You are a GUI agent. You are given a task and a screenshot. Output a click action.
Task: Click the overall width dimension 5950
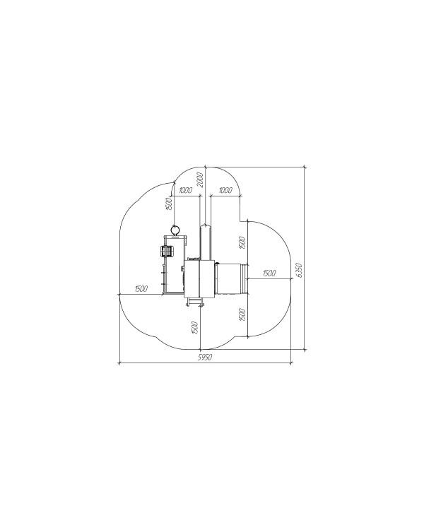pyautogui.click(x=205, y=358)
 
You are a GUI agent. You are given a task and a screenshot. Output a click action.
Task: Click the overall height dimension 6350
pyautogui.click(x=299, y=270)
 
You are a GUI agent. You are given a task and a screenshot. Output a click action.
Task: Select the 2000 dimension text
pyautogui.click(x=200, y=179)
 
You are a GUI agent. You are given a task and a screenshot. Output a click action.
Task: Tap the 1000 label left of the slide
pyautogui.click(x=186, y=190)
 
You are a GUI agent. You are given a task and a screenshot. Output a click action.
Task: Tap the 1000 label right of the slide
pyautogui.click(x=225, y=190)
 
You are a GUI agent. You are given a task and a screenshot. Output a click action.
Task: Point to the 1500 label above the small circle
pyautogui.click(x=170, y=204)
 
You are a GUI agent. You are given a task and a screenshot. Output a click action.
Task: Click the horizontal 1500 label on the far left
pyautogui.click(x=141, y=288)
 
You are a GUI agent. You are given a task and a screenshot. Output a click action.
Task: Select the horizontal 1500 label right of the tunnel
pyautogui.click(x=269, y=273)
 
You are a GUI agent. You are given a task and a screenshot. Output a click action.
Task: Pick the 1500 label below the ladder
pyautogui.click(x=194, y=327)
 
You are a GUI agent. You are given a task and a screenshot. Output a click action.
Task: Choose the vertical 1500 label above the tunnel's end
pyautogui.click(x=242, y=243)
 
